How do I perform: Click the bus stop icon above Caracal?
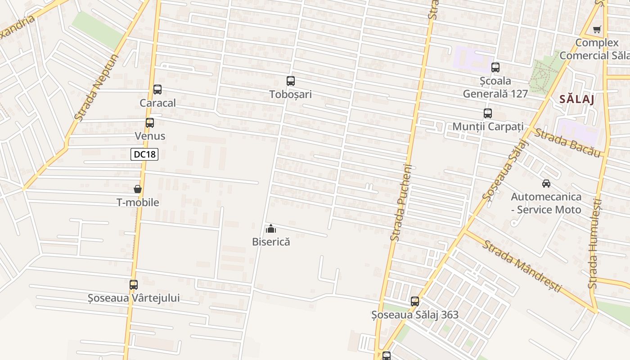pos(157,90)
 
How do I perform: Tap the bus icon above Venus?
pos(149,123)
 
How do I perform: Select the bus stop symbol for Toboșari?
pos(291,81)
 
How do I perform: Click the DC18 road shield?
pos(144,154)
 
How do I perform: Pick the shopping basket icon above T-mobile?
pos(138,189)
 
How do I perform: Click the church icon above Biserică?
pos(271,229)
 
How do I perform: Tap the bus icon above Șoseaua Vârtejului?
pos(133,285)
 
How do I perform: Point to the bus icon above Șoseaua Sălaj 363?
pos(415,301)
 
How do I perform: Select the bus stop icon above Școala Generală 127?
pos(495,68)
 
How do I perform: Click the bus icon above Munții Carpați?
pos(488,113)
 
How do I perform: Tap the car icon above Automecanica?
pos(546,184)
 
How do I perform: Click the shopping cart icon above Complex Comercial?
pos(597,30)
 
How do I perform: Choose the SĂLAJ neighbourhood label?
pos(577,99)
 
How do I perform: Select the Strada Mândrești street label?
pos(522,265)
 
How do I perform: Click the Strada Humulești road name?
pos(595,243)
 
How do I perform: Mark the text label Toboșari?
pos(290,94)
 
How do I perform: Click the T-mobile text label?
pos(138,202)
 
